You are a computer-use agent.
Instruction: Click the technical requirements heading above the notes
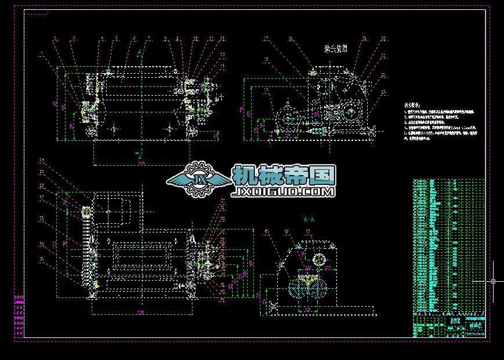(412, 106)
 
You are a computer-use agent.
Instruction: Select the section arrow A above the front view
(139, 54)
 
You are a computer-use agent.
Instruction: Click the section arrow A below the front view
(139, 153)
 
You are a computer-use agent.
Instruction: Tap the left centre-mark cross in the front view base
(114, 128)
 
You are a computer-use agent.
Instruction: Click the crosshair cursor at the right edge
(493, 281)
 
